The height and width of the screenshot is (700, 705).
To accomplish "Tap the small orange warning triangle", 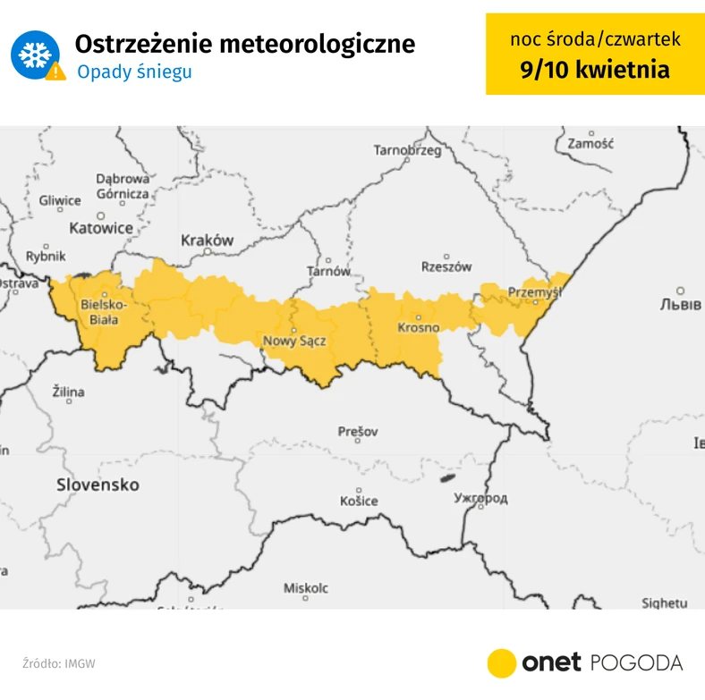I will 55,72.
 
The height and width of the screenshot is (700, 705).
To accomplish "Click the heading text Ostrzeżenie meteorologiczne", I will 244,44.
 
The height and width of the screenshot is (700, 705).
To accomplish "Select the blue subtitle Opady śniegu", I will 134,72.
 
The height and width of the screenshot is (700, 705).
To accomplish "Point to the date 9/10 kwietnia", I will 595,69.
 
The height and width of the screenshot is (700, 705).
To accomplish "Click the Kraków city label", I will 207,240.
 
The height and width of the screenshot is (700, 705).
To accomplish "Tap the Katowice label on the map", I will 101,228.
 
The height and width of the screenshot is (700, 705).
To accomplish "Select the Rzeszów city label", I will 446,266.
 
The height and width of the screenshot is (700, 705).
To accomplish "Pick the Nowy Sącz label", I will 293,341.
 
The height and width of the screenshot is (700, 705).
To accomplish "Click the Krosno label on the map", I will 418,327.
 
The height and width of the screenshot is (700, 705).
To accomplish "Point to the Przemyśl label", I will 532,291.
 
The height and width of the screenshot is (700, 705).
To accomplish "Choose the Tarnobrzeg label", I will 407,150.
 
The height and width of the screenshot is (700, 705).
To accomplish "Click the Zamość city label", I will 589,143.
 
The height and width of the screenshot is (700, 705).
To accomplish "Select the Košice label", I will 358,501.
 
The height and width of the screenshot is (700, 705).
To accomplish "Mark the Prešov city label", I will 358,432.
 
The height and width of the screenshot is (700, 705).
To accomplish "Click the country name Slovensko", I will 98,485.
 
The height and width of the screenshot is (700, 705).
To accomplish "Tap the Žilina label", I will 68,392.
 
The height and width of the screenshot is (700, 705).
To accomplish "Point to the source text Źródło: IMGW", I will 59,663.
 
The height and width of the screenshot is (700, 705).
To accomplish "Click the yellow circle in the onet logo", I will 502,662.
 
